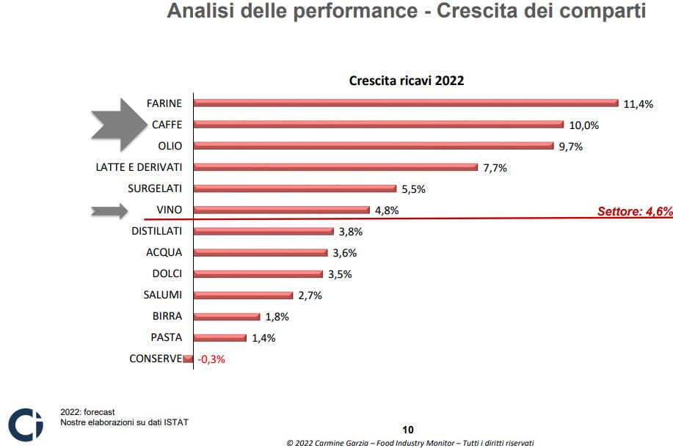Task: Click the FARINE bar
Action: click(x=406, y=103)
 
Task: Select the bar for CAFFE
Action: click(x=379, y=125)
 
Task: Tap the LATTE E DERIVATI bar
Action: click(x=336, y=167)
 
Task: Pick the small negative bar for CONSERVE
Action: click(x=189, y=359)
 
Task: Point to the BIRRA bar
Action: click(x=227, y=317)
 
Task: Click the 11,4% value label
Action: click(x=638, y=104)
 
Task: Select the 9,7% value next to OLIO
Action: click(x=570, y=147)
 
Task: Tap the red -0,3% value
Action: click(x=210, y=359)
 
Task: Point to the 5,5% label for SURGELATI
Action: click(x=413, y=189)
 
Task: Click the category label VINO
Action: click(x=170, y=210)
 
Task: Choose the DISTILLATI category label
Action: click(x=157, y=231)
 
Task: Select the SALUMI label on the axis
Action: click(x=162, y=295)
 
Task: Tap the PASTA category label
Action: click(x=166, y=338)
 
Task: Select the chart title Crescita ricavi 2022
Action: click(x=406, y=81)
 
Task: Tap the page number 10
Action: click(x=409, y=430)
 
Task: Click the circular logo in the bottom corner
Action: click(x=25, y=425)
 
